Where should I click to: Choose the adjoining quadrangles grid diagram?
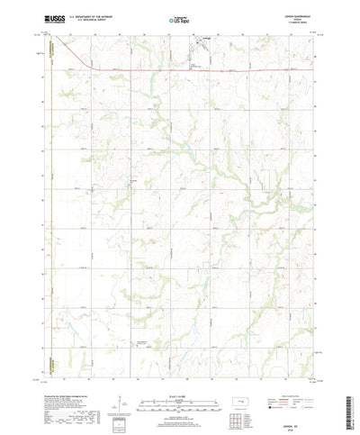coord(239,416)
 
